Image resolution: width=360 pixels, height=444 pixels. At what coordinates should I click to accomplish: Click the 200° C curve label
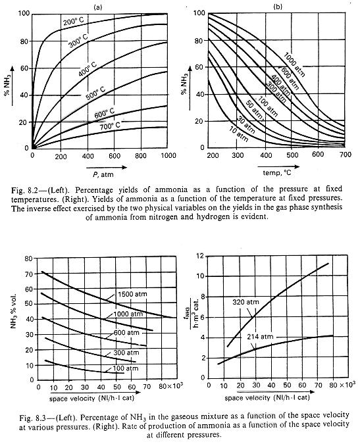pyautogui.click(x=73, y=20)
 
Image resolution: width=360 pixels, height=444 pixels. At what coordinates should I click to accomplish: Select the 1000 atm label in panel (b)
pyautogui.click(x=295, y=65)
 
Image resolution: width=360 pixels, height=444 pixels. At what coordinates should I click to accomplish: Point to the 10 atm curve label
pyautogui.click(x=238, y=135)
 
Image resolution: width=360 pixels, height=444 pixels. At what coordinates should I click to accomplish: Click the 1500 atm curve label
pyautogui.click(x=132, y=294)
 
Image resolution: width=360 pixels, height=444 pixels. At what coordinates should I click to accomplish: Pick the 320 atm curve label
pyautogui.click(x=245, y=302)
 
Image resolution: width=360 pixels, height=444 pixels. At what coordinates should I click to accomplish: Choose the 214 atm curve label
pyautogui.click(x=260, y=336)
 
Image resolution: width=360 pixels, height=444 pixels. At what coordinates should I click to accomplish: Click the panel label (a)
pyautogui.click(x=97, y=8)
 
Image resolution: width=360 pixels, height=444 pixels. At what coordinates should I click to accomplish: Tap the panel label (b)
pyautogui.click(x=278, y=7)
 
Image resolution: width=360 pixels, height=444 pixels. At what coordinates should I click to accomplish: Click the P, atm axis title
pyautogui.click(x=103, y=174)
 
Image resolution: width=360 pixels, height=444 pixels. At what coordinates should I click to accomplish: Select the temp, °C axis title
pyautogui.click(x=277, y=172)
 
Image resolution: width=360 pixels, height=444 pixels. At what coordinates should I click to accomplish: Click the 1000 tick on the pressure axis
pyautogui.click(x=168, y=155)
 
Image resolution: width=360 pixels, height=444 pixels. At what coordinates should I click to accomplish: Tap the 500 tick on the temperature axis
pyautogui.click(x=292, y=155)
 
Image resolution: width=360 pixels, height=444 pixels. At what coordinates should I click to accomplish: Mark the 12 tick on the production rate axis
pyautogui.click(x=200, y=256)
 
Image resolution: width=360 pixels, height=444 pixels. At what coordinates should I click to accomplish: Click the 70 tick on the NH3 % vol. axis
pyautogui.click(x=30, y=274)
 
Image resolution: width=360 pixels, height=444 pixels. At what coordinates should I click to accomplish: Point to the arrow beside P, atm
pyautogui.click(x=106, y=167)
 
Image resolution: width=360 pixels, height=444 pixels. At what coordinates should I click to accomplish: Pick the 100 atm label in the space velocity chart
pyautogui.click(x=126, y=368)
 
